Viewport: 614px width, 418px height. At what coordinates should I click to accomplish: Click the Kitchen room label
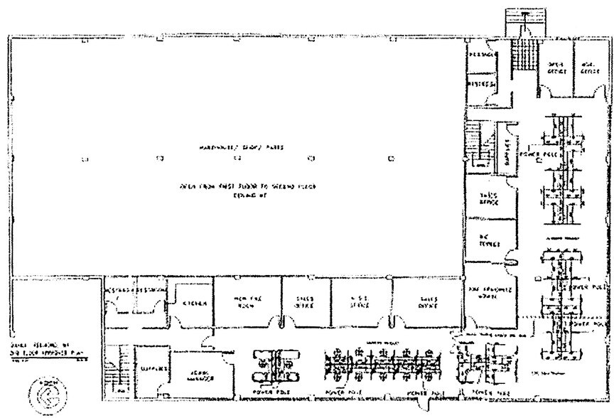[x=192, y=304]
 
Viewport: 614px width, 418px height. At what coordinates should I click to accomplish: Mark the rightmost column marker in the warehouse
[x=391, y=159]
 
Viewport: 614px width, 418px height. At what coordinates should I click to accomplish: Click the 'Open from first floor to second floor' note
[x=248, y=186]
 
